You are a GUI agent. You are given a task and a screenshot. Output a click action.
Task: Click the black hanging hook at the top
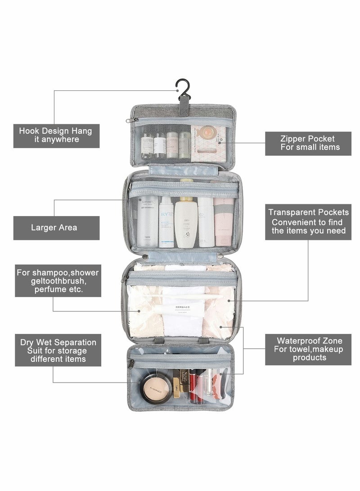(183, 88)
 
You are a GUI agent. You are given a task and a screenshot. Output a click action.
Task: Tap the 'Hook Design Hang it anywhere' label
(56, 135)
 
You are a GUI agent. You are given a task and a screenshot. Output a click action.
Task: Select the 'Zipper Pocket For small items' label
(308, 143)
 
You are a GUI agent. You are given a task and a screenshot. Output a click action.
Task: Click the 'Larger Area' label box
(56, 228)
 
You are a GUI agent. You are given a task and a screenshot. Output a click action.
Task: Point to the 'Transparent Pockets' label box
(308, 221)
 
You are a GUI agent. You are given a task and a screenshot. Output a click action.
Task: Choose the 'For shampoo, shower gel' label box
(58, 280)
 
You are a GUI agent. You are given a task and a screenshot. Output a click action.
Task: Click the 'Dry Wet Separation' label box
(58, 351)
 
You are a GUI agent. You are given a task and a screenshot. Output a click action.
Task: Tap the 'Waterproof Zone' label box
(308, 349)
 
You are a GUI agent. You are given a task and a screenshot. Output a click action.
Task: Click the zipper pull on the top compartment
(133, 121)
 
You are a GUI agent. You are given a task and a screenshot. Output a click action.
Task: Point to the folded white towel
(183, 315)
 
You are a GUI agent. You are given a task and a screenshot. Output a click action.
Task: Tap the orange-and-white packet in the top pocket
(208, 143)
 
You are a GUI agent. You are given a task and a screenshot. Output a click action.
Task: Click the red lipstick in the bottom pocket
(193, 385)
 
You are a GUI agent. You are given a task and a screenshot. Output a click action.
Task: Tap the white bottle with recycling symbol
(186, 224)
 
